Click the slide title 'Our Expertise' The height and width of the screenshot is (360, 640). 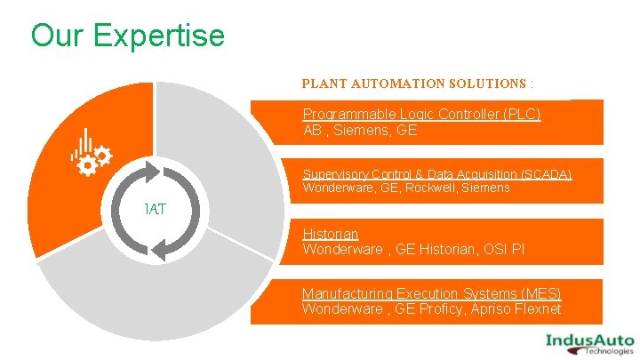[x=127, y=36]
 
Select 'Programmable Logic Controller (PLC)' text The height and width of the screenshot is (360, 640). [x=421, y=114]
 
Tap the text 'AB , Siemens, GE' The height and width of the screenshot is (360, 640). [x=360, y=130]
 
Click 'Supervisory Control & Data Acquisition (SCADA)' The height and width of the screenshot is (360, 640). [x=436, y=173]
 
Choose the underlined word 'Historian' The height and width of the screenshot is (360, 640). [x=330, y=234]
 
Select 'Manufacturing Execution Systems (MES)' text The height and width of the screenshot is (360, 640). [x=431, y=293]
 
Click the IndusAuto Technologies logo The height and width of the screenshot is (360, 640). [x=588, y=341]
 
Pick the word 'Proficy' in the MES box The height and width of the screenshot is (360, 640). [x=446, y=308]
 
